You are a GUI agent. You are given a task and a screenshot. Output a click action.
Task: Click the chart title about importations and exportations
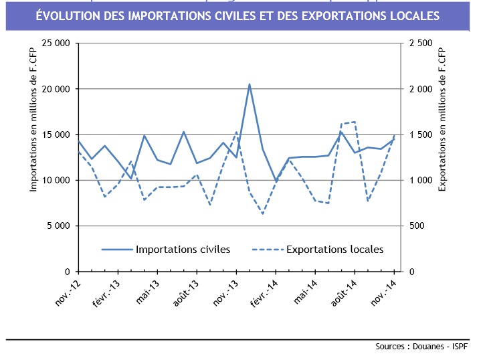pos(237,15)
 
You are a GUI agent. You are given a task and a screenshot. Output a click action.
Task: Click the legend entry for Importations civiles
pos(183,250)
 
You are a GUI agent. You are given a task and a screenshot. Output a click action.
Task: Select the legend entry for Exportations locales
pos(334,250)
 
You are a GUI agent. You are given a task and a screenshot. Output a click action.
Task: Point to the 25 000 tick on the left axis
pos(56,43)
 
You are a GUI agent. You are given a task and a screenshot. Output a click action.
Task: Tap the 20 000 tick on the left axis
pos(56,89)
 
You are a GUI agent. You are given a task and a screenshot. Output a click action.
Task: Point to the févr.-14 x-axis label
pos(263,294)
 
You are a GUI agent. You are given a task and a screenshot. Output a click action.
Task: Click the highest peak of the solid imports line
pos(250,84)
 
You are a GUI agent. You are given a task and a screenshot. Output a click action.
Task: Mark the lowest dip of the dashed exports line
pos(263,214)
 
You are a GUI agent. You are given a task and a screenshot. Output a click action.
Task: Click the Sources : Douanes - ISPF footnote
pos(422,347)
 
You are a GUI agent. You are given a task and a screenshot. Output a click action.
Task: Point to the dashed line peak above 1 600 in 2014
pos(355,122)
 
